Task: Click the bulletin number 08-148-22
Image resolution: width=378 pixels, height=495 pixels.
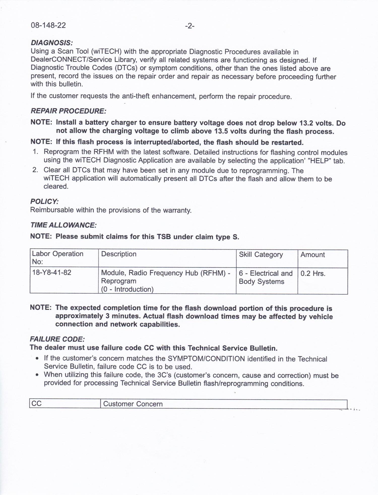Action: click(48, 25)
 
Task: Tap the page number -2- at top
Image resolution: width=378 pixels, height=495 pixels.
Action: click(190, 26)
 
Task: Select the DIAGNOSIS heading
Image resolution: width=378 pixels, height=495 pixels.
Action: click(52, 43)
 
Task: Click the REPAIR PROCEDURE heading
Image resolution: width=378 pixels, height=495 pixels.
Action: click(68, 111)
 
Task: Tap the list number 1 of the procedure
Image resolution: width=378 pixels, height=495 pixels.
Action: click(36, 152)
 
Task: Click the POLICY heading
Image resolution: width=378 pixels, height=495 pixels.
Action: click(44, 201)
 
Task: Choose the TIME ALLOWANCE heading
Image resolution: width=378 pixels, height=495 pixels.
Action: click(63, 225)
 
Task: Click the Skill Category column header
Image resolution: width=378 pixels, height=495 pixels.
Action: click(261, 255)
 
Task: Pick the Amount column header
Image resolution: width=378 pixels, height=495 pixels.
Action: click(312, 255)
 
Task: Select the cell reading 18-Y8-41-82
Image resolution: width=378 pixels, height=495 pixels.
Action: click(52, 272)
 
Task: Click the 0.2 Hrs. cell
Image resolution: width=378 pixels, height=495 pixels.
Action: click(313, 273)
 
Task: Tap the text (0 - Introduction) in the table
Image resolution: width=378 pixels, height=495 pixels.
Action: click(127, 289)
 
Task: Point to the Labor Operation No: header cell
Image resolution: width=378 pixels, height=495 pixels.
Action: click(57, 258)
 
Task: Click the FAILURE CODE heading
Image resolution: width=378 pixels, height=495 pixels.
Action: click(57, 339)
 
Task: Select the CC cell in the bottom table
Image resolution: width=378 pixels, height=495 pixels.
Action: click(37, 403)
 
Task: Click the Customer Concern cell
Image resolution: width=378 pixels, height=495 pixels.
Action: click(133, 404)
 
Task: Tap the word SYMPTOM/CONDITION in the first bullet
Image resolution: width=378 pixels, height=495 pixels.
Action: click(206, 359)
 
